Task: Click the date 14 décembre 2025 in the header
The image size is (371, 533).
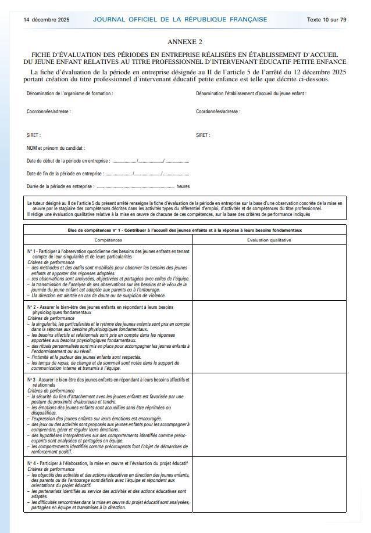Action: (x=46, y=19)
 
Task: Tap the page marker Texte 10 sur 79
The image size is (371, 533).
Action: (x=326, y=19)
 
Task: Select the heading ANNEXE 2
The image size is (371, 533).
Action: (x=185, y=42)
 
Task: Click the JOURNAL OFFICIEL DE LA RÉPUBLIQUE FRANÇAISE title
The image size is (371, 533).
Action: (x=180, y=19)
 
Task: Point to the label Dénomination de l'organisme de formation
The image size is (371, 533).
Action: (x=70, y=93)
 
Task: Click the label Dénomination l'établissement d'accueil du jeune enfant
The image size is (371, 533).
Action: (x=251, y=93)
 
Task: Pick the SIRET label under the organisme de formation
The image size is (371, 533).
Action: (x=34, y=135)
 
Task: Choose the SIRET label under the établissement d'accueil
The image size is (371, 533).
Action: (x=203, y=135)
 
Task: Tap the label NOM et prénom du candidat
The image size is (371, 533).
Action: (x=56, y=148)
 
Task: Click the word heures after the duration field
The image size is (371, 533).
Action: (x=183, y=186)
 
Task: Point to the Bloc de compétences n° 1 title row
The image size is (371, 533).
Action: (x=184, y=231)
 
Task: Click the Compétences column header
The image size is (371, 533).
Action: (x=108, y=239)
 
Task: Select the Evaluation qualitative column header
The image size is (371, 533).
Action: (x=269, y=239)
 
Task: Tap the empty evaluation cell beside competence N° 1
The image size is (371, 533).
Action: (x=269, y=272)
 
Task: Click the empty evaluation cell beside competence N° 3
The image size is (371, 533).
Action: (x=269, y=415)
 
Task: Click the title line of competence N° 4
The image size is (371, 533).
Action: (x=105, y=463)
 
